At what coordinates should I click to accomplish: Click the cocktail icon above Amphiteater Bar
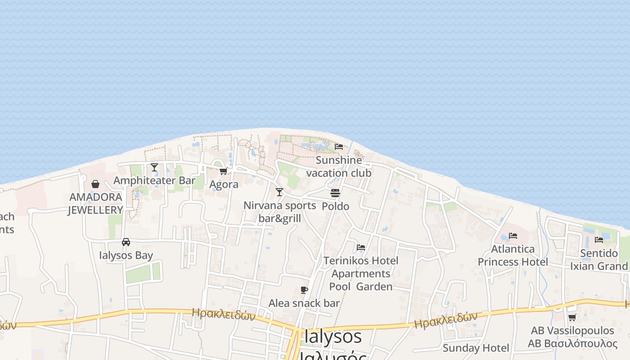pos(154,167)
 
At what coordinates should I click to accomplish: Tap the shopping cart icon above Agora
pos(223,171)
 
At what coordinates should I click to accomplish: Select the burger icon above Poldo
pos(335,193)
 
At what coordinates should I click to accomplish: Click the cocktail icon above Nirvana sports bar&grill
pos(279,192)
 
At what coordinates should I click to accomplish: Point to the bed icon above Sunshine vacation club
pos(339,147)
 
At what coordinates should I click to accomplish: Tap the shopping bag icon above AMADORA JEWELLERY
pos(95,184)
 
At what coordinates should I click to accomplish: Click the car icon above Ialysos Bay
pos(126,242)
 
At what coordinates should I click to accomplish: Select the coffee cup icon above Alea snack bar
pos(304,290)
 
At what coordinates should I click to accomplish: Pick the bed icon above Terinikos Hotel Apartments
pos(361,247)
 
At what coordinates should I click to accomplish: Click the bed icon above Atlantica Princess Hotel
pos(513,236)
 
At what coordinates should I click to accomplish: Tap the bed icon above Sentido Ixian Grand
pos(599,240)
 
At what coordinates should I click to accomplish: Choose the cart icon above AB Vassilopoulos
pos(572,318)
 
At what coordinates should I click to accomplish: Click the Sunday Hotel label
pos(476,348)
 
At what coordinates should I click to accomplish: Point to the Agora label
pos(224,184)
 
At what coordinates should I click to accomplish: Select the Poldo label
pos(335,206)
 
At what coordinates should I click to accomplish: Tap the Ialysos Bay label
pos(126,255)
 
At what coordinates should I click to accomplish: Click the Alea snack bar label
pos(304,303)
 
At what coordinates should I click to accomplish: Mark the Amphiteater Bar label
pos(154,180)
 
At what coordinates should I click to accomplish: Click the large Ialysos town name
pos(333,337)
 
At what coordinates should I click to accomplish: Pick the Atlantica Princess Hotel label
pos(513,255)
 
